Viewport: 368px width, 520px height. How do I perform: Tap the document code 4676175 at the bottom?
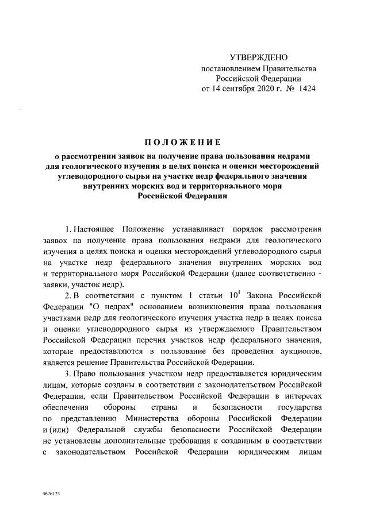tap(52, 494)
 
